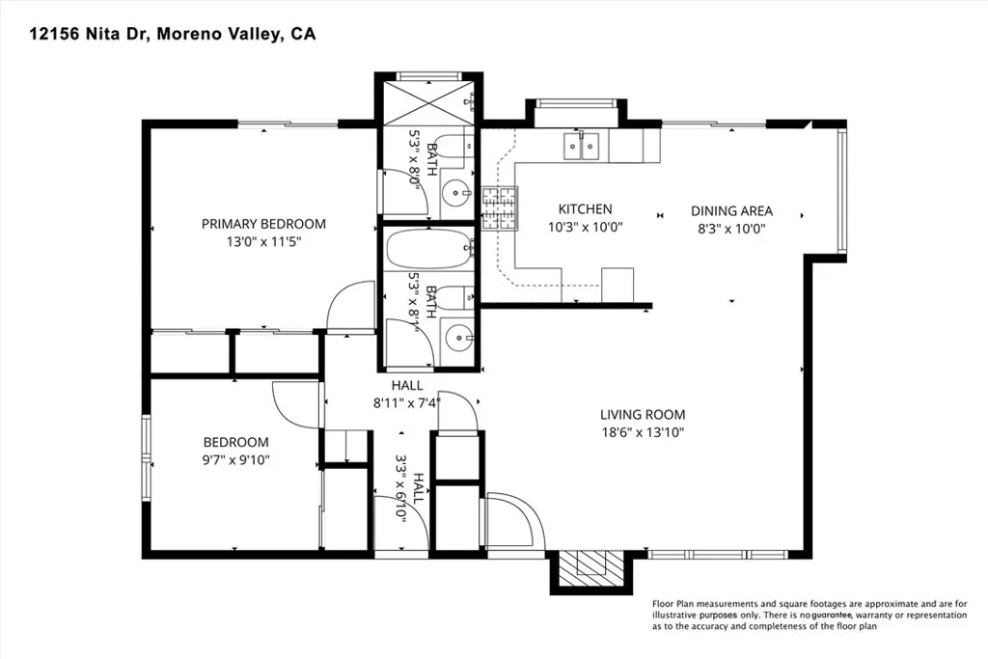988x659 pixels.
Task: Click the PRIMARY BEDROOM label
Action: pos(263,224)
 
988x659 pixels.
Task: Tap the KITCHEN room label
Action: pos(585,209)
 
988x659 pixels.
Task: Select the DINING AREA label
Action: pos(731,211)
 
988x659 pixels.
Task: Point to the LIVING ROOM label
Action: pos(642,415)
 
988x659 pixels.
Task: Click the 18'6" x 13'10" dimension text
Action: pos(642,432)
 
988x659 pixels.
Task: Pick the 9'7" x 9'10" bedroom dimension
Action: pos(235,460)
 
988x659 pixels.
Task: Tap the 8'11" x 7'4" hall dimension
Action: pos(407,402)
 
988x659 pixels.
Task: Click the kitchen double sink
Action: pos(581,146)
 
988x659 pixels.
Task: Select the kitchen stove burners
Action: pos(500,208)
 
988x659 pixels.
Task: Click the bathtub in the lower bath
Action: pos(429,250)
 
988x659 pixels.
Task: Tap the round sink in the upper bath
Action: pos(455,192)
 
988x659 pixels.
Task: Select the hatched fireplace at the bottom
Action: pos(591,570)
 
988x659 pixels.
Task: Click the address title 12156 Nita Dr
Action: pos(88,34)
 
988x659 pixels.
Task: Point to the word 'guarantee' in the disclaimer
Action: pos(832,615)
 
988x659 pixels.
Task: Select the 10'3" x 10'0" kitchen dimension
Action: pos(586,227)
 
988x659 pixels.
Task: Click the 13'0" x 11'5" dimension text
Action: pos(264,241)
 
